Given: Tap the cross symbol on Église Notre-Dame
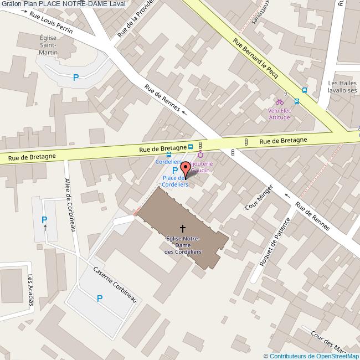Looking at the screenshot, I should click(182, 228).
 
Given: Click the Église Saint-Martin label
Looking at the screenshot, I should click(48, 45).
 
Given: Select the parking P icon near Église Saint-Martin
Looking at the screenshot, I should click(75, 78).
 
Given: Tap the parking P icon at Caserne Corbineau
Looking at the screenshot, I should click(100, 299).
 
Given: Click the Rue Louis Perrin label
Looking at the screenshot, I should click(50, 23).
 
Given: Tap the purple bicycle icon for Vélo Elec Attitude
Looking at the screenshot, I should click(280, 102).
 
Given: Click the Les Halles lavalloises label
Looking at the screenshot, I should click(342, 88).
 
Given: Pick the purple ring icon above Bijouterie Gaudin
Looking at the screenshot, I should click(200, 155).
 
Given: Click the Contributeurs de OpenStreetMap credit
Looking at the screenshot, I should click(311, 356).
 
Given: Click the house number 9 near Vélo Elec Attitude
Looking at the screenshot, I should click(285, 93).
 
